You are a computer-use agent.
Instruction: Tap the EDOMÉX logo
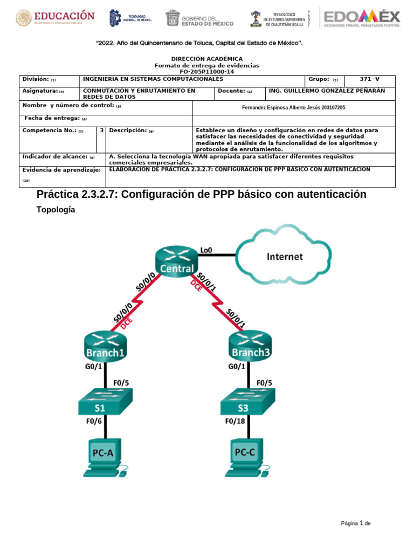point(361,18)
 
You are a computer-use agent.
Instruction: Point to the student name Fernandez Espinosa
point(294,108)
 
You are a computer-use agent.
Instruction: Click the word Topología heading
point(56,211)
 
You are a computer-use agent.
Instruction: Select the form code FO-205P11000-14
point(207,71)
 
